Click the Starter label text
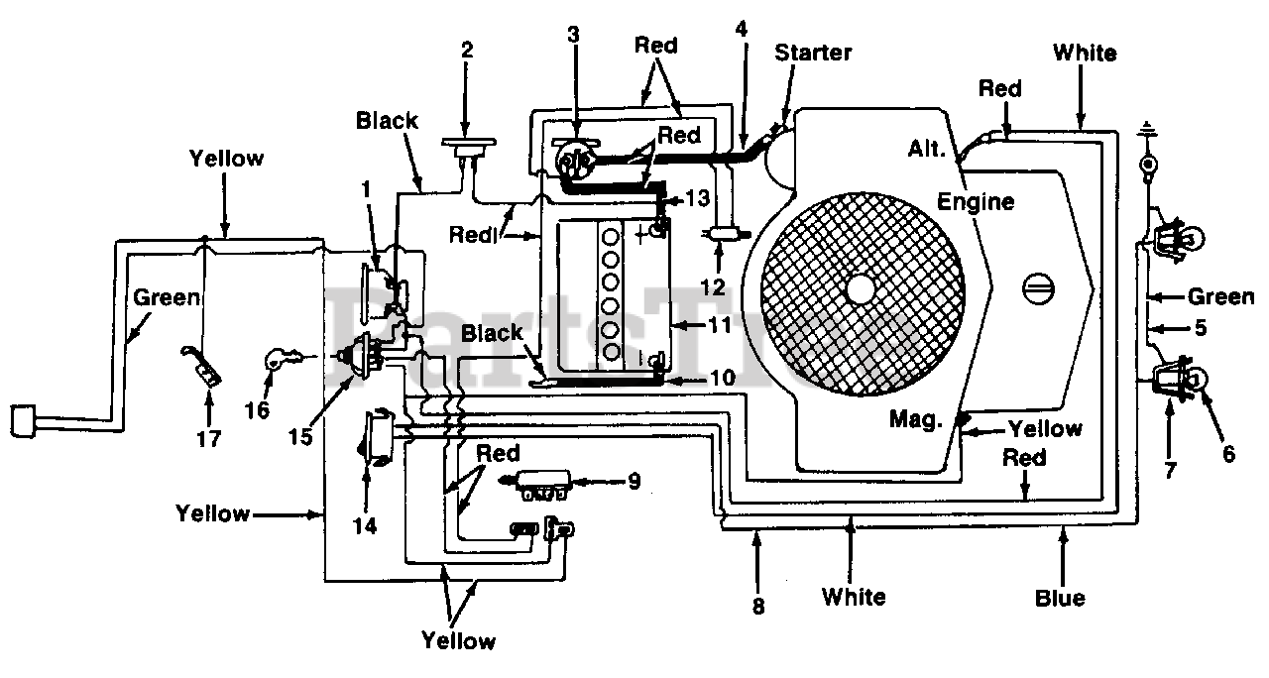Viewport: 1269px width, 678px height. (813, 53)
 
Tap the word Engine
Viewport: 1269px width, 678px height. (975, 202)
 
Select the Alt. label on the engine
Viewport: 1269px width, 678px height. (927, 149)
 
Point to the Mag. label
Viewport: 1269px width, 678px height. (916, 419)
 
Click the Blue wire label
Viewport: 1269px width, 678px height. (1060, 598)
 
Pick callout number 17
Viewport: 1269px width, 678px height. (208, 439)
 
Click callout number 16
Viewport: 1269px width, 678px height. (257, 410)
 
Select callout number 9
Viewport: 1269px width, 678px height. (634, 481)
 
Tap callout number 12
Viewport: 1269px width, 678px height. (713, 287)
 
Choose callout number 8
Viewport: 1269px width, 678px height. (758, 607)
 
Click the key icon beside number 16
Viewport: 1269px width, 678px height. (285, 359)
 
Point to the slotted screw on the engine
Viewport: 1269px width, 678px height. (1038, 288)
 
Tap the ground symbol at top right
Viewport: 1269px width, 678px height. (1147, 129)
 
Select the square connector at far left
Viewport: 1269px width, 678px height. (23, 421)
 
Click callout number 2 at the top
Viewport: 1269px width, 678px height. (467, 51)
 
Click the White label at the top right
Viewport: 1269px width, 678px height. (1085, 54)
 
